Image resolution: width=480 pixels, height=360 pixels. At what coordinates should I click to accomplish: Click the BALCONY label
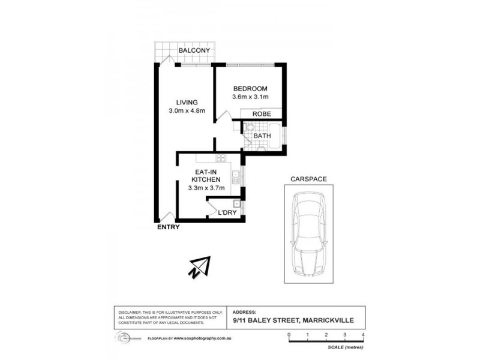click(x=194, y=51)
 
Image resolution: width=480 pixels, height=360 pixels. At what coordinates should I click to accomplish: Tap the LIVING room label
click(x=187, y=102)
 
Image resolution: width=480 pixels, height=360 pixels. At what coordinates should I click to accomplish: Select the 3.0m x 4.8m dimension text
click(x=187, y=111)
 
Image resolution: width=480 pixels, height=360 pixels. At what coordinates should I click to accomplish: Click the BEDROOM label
click(x=250, y=89)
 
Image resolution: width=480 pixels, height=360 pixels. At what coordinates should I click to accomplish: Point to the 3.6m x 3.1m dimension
click(x=250, y=97)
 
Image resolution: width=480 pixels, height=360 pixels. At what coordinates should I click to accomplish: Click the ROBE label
click(x=262, y=114)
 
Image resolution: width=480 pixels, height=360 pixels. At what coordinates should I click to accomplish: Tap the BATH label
click(x=262, y=136)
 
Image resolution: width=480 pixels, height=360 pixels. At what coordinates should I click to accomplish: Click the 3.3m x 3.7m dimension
click(x=206, y=188)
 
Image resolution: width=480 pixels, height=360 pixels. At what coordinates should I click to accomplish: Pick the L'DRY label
click(x=227, y=213)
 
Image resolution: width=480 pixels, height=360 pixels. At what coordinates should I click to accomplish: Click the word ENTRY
click(x=168, y=227)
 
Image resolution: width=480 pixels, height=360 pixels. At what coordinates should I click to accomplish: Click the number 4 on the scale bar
click(x=364, y=334)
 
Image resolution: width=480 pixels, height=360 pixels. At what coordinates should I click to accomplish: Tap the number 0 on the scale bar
click(x=289, y=334)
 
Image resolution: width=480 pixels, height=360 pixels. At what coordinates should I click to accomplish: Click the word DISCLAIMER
click(x=128, y=313)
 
